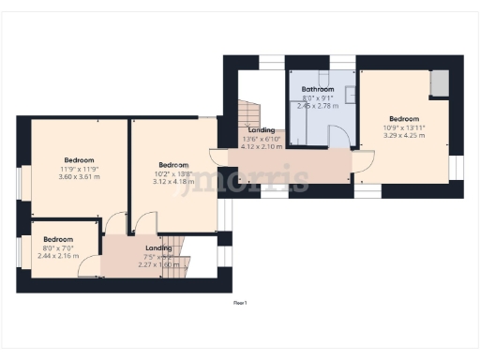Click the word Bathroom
click(x=318, y=90)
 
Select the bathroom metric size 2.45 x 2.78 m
click(x=318, y=106)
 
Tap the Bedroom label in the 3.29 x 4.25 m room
click(x=404, y=119)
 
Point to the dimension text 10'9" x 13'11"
click(x=404, y=127)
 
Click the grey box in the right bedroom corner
click(x=439, y=83)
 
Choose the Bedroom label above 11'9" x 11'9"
click(x=80, y=160)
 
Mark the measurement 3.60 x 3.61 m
click(x=80, y=177)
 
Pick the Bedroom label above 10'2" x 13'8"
click(x=174, y=164)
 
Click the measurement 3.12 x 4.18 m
click(x=174, y=181)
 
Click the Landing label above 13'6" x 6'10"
click(x=262, y=130)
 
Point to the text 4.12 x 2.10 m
click(x=262, y=146)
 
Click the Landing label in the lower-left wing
click(x=158, y=247)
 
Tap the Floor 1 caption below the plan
click(x=240, y=303)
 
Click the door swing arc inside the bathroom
click(x=343, y=136)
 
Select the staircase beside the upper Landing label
click(x=246, y=117)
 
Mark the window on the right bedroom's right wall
click(x=457, y=166)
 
